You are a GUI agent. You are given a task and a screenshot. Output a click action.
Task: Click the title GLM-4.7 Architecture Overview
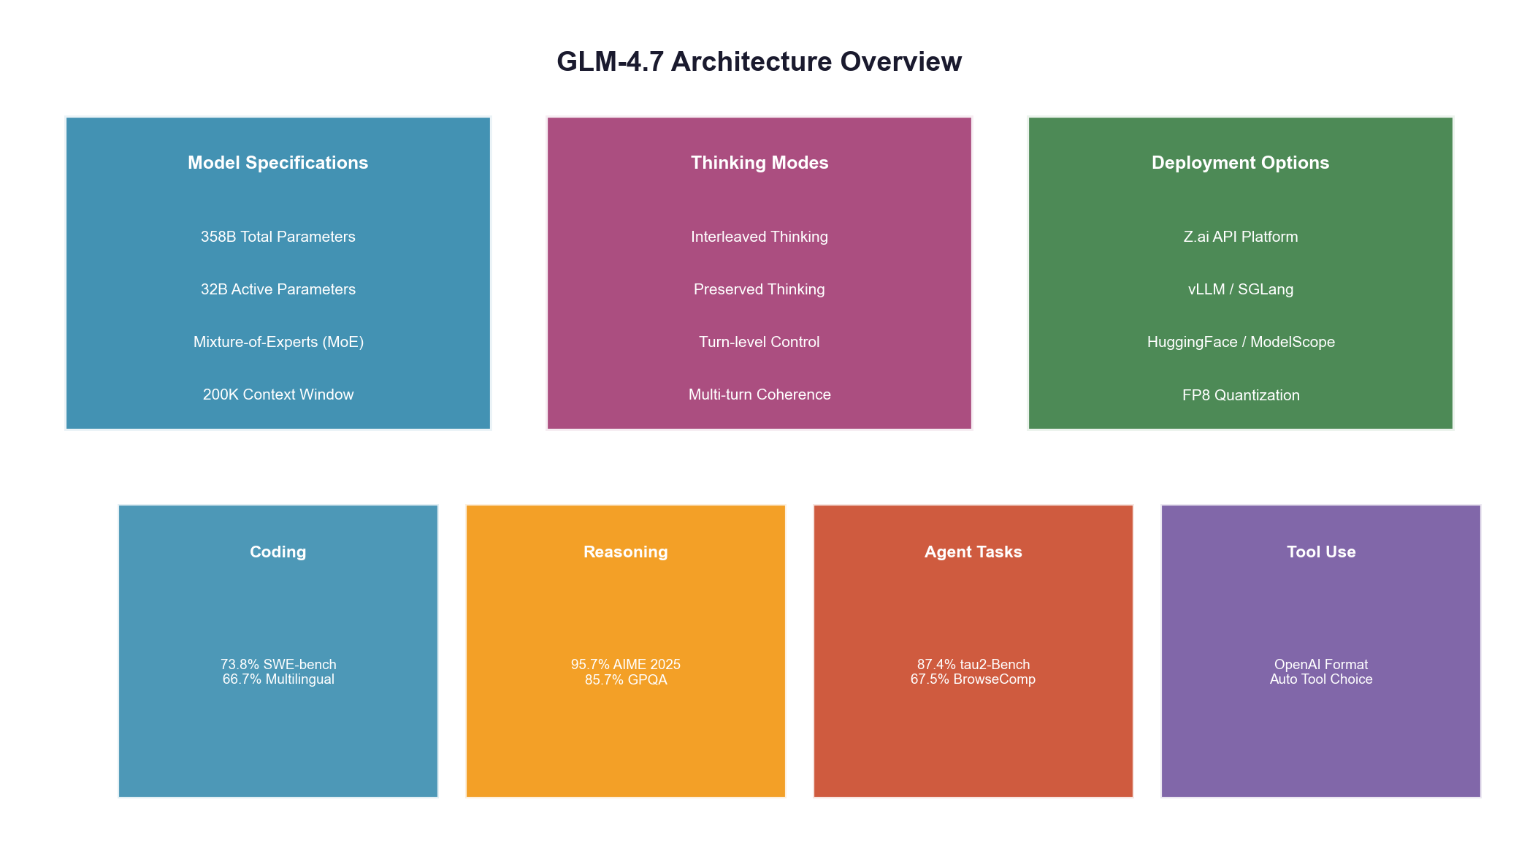(x=759, y=62)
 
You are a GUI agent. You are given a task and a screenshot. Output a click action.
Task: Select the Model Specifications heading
(x=278, y=163)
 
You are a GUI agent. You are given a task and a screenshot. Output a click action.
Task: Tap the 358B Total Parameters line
(x=278, y=237)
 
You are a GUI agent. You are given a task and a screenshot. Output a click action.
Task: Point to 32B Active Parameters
(x=278, y=289)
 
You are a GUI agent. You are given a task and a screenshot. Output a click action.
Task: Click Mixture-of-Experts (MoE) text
(x=278, y=342)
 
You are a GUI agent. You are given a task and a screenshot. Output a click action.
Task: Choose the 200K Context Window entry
(x=278, y=394)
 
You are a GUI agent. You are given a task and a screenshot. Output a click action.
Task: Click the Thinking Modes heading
(x=759, y=163)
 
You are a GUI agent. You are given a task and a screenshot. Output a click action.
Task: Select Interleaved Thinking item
(x=759, y=237)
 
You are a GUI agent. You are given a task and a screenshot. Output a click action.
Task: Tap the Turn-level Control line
(x=759, y=342)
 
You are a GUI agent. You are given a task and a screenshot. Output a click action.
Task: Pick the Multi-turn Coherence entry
(x=759, y=394)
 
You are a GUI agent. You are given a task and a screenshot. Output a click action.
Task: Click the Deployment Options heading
(x=1240, y=163)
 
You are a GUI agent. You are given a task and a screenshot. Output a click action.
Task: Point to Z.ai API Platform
(x=1240, y=237)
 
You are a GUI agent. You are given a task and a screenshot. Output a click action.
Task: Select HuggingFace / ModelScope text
(x=1240, y=342)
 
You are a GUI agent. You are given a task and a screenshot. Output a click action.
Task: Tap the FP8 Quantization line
(x=1240, y=395)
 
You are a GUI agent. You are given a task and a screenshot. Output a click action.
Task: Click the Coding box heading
(x=278, y=552)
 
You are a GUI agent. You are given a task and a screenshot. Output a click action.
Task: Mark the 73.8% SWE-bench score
(x=278, y=664)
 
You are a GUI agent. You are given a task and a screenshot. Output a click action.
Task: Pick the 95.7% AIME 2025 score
(x=625, y=664)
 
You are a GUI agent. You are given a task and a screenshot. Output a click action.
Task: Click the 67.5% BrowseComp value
(x=973, y=679)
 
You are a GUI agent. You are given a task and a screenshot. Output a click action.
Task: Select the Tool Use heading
(x=1320, y=552)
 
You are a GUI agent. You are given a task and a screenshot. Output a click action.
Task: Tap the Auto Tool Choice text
(x=1320, y=679)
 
